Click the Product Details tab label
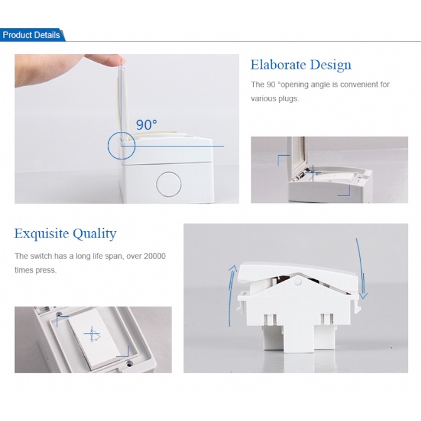click(x=31, y=35)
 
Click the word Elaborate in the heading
click(x=278, y=65)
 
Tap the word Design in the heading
click(x=331, y=65)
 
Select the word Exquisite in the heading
click(x=41, y=233)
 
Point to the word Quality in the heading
click(x=94, y=234)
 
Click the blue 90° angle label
click(x=146, y=124)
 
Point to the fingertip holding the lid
click(x=116, y=61)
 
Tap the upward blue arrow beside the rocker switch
click(x=231, y=295)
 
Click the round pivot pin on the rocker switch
click(x=297, y=282)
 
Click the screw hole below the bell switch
click(x=129, y=364)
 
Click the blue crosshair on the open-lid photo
click(x=313, y=173)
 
